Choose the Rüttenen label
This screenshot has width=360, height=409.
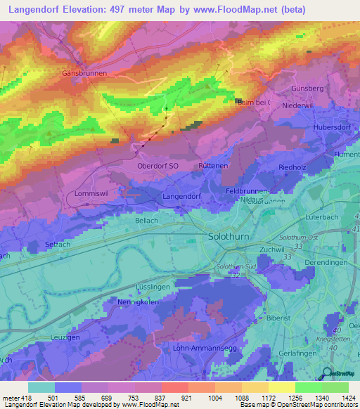214,166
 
